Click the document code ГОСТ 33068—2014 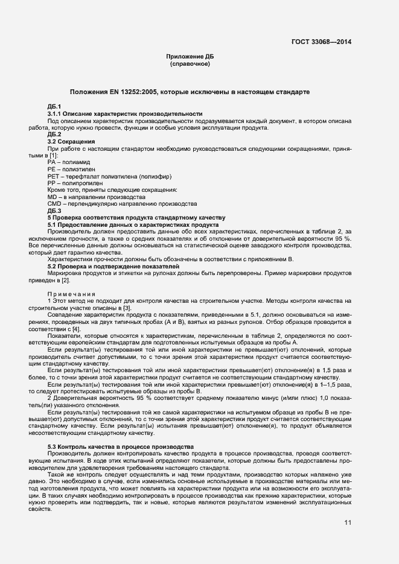coord(322,42)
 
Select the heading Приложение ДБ coord(190,56)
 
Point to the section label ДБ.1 coord(54,107)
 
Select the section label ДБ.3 coord(54,210)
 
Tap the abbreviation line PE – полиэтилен coord(69,171)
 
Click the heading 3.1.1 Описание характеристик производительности coord(124,114)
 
